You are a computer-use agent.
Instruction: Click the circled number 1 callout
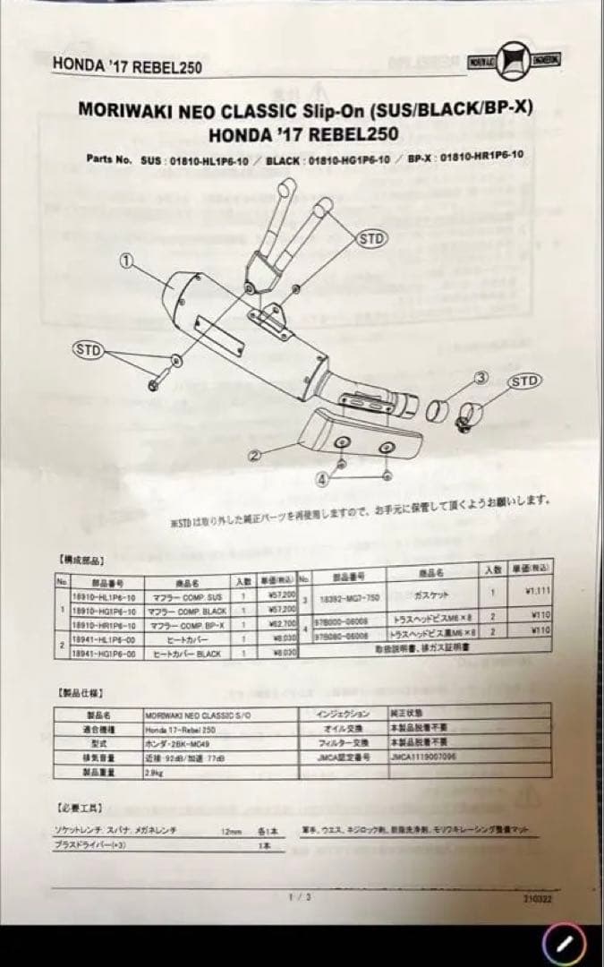coord(126,260)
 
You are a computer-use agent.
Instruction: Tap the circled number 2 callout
coord(254,455)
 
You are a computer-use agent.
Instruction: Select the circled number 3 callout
coord(481,377)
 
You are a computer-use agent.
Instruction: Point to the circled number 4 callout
coord(323,479)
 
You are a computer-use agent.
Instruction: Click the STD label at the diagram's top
coord(372,238)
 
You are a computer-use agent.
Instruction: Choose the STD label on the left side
coord(88,348)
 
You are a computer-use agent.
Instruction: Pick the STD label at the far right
coord(525,381)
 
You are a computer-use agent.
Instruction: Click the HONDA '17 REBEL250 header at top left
coord(127,65)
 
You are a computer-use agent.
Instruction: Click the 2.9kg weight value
coord(153,770)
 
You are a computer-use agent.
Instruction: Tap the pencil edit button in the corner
coord(565,941)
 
